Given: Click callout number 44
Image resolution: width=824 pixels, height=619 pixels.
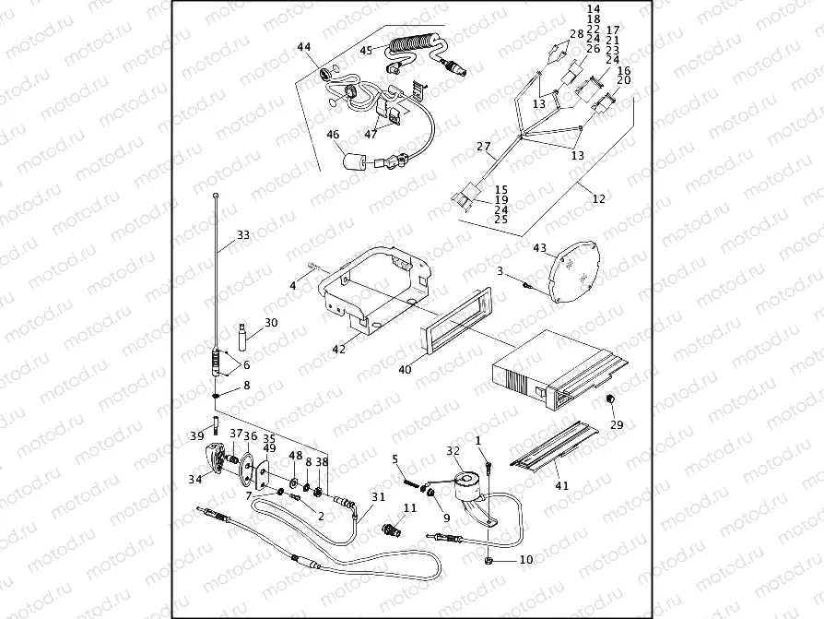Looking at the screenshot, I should (304, 47).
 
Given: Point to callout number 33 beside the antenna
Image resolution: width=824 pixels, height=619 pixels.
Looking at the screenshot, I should (243, 235).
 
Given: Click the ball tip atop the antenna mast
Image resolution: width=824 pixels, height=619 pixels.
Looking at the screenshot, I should (215, 195).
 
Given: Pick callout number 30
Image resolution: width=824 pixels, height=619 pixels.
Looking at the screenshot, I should (270, 323).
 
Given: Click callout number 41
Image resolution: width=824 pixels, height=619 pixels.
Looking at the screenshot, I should (562, 485).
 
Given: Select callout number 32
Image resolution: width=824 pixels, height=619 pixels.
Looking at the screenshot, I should (453, 451).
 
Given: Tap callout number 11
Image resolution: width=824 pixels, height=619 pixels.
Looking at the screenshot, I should (411, 507).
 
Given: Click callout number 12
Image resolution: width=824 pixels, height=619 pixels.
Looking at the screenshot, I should (599, 197).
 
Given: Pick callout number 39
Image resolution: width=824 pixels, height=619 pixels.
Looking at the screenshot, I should (197, 435).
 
